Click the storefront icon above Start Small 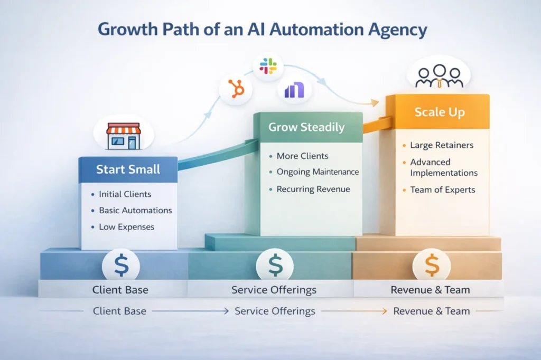click(x=123, y=135)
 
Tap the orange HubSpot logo click(x=236, y=88)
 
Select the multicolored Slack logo click(x=268, y=66)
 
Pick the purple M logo click(x=294, y=90)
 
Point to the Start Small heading click(x=128, y=170)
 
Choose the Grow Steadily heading click(x=306, y=127)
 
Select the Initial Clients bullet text click(x=125, y=194)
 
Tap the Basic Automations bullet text click(x=135, y=210)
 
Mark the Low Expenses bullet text click(x=126, y=227)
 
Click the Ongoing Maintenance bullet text click(x=318, y=172)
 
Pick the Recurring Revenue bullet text click(x=313, y=189)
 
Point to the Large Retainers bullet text click(x=442, y=145)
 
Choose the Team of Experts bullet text click(x=443, y=190)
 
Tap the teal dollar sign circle click(x=275, y=265)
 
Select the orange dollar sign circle click(x=431, y=265)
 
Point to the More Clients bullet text click(x=302, y=156)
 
